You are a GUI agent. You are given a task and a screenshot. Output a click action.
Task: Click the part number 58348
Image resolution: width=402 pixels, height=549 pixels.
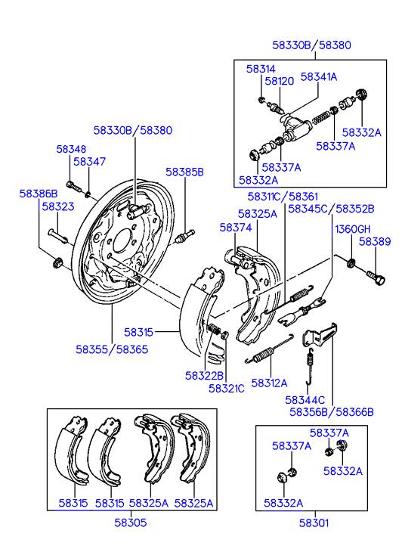pos(71,149)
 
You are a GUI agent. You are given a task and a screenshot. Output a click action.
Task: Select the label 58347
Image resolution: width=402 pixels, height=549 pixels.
pos(90,161)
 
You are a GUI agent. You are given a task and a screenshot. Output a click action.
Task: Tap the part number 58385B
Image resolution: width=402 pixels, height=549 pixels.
pos(184,172)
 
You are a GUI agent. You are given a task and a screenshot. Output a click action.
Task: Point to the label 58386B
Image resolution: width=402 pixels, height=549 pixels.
pos(39,194)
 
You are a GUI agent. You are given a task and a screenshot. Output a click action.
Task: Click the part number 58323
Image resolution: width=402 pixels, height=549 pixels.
pos(58,206)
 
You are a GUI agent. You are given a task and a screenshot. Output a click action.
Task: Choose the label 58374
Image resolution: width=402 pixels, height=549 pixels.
pos(236,228)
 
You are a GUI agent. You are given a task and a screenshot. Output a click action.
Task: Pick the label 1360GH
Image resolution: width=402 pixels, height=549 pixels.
pos(352,229)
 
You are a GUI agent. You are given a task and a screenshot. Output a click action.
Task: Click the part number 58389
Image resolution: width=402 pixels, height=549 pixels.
pos(375,241)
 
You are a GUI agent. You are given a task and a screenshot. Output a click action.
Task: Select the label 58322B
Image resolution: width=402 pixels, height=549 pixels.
pos(204,376)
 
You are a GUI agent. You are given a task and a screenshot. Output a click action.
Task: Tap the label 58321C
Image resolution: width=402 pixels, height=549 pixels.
pos(227,389)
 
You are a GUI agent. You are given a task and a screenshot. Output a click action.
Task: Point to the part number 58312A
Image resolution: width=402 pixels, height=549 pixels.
pos(269,383)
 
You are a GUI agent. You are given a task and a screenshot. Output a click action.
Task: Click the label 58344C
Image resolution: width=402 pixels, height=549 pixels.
pos(305,400)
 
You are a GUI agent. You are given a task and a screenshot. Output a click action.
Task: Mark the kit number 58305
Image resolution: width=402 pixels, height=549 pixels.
pos(131,523)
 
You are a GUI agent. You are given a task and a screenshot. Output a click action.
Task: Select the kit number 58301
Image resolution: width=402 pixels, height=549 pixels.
pos(314,523)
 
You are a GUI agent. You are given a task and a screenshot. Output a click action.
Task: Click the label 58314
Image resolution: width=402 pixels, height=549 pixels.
pos(261,69)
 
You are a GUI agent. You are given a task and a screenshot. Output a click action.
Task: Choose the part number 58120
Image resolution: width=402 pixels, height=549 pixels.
pos(279,81)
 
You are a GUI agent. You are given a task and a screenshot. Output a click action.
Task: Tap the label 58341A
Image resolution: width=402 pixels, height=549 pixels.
pos(319,77)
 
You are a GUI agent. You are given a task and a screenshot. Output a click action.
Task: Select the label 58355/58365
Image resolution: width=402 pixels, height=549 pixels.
pos(112,349)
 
